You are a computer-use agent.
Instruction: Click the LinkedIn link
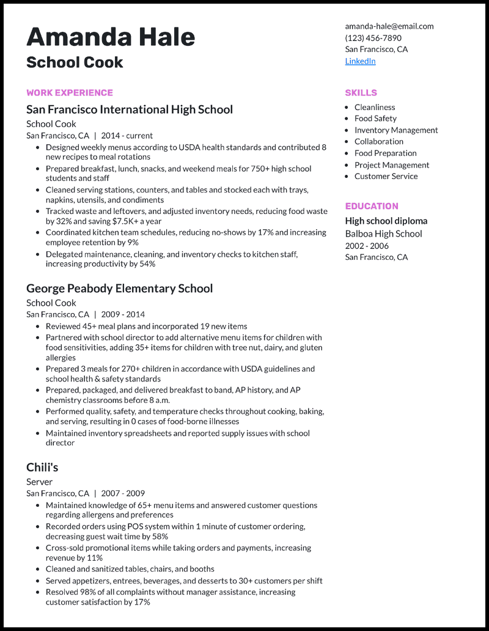click(x=360, y=61)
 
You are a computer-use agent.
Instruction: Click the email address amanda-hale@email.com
click(x=389, y=26)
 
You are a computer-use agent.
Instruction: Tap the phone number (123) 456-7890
click(x=373, y=38)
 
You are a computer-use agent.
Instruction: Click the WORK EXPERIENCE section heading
click(x=70, y=93)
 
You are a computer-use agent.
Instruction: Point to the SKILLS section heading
click(x=361, y=93)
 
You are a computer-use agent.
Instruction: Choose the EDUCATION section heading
click(x=371, y=206)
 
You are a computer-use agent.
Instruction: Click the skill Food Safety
click(x=375, y=119)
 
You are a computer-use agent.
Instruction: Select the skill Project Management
click(x=392, y=165)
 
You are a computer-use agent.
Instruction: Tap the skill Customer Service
click(x=386, y=176)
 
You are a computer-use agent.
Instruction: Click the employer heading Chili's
click(x=42, y=468)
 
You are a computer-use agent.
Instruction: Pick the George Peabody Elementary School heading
click(x=119, y=289)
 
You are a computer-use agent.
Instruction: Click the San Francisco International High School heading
click(x=130, y=110)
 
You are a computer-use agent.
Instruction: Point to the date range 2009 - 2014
click(x=123, y=314)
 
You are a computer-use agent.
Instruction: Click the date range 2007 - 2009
click(x=123, y=493)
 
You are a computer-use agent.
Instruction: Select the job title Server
click(x=39, y=482)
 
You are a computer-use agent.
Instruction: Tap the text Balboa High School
click(x=383, y=234)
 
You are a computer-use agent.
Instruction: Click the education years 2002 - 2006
click(x=367, y=245)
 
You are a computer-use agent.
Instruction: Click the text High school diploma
click(x=386, y=221)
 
